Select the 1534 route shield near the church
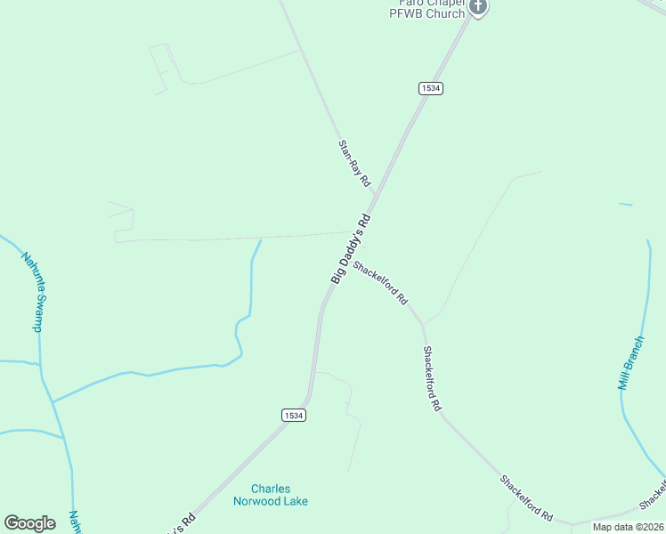pyautogui.click(x=430, y=88)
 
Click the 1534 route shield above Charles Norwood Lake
pyautogui.click(x=294, y=416)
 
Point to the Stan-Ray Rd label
pyautogui.click(x=353, y=161)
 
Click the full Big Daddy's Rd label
pyautogui.click(x=351, y=248)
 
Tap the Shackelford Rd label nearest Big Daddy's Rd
pyautogui.click(x=380, y=282)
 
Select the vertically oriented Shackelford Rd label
pyautogui.click(x=432, y=377)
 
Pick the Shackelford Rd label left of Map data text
pyautogui.click(x=526, y=498)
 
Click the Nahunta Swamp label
pyautogui.click(x=32, y=292)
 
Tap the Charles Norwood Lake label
pyautogui.click(x=279, y=495)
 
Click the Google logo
pyautogui.click(x=29, y=523)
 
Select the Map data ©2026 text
pyautogui.click(x=629, y=527)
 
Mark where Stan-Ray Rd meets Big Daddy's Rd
pyautogui.click(x=376, y=194)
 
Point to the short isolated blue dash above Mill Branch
pyautogui.click(x=626, y=205)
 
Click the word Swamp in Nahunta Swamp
pyautogui.click(x=37, y=312)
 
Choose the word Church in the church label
pyautogui.click(x=445, y=13)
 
